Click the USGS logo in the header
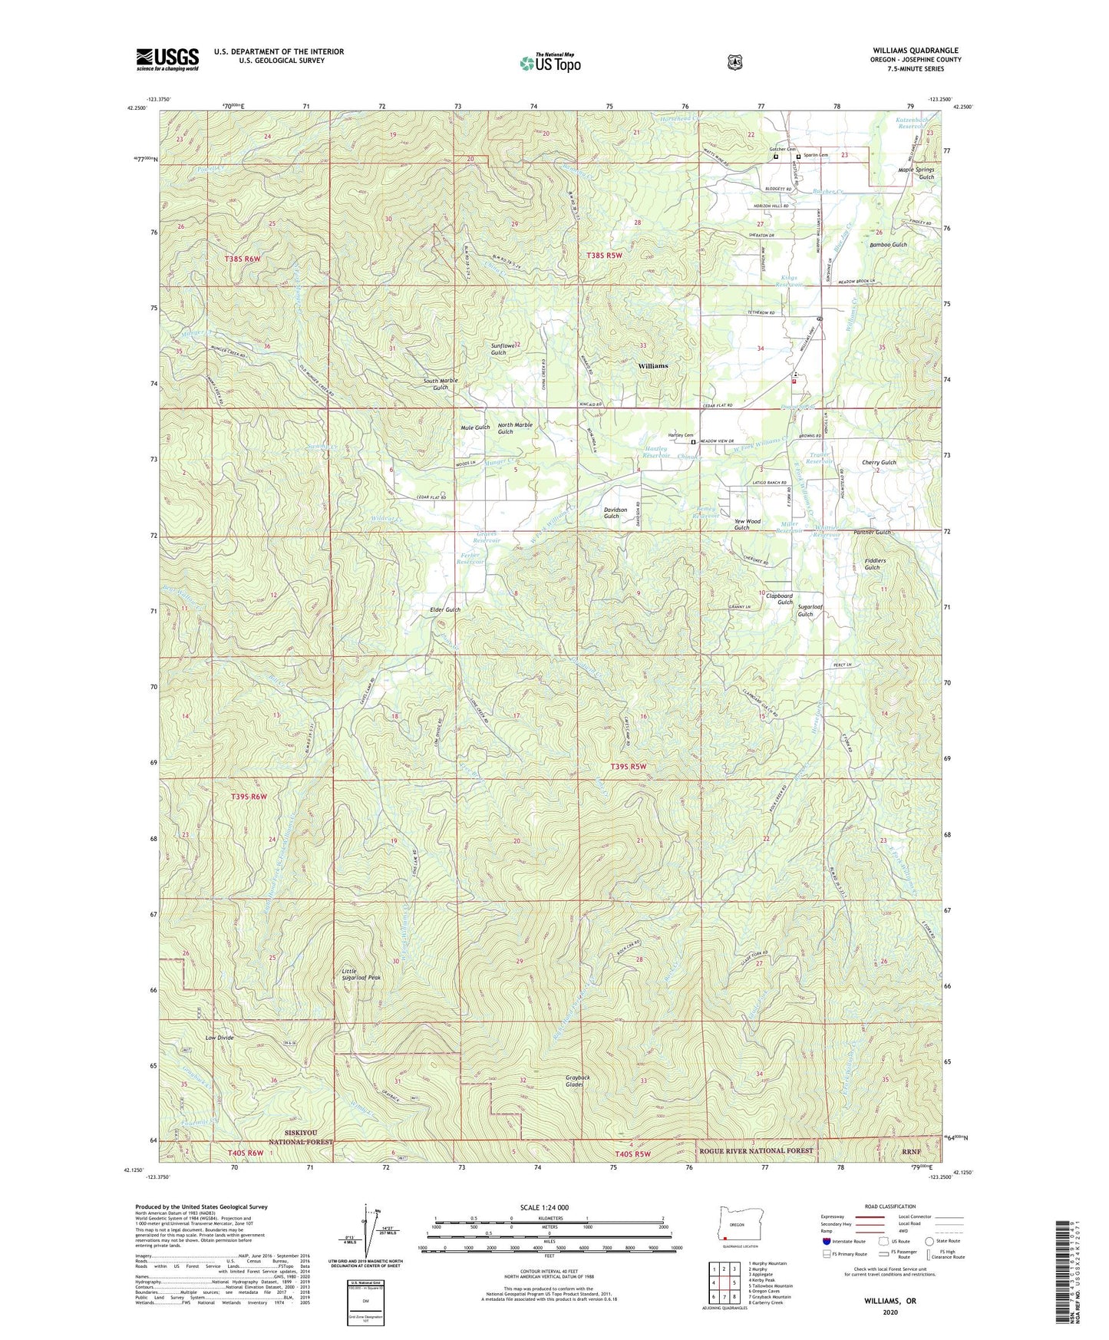coord(167,59)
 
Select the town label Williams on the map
coord(653,366)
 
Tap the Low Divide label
coord(219,1038)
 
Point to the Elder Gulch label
coord(444,609)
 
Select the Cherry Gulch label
coord(879,463)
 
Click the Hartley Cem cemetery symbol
coord(693,442)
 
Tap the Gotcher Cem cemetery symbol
coord(776,157)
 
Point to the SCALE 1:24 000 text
coord(544,1207)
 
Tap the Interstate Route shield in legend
coord(826,1241)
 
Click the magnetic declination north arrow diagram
coord(367,1236)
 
